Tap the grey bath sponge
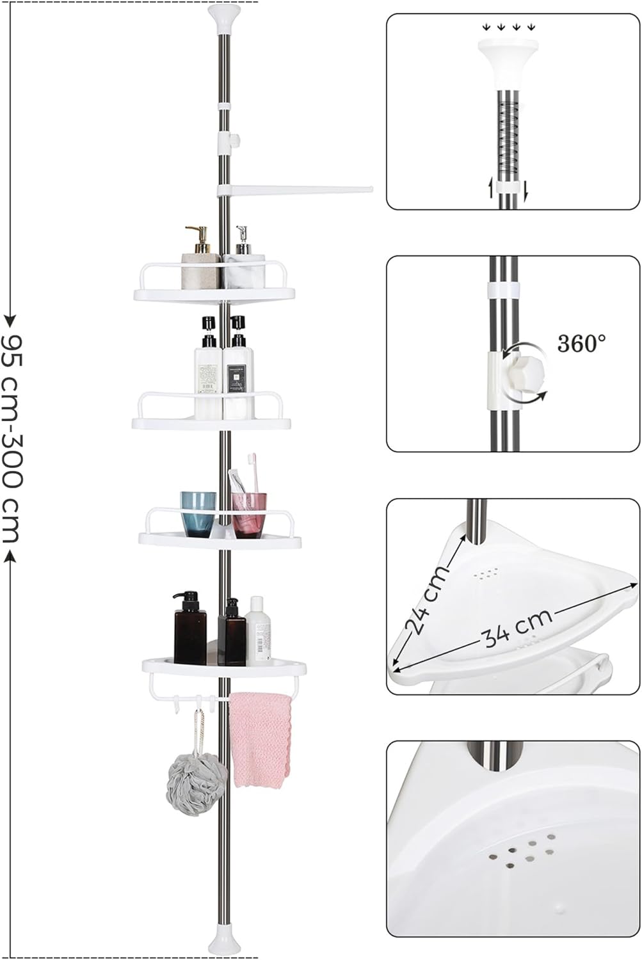click(197, 783)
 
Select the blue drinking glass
click(198, 515)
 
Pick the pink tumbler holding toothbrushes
click(249, 515)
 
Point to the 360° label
click(582, 343)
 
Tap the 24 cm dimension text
click(427, 599)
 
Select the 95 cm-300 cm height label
click(13, 438)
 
